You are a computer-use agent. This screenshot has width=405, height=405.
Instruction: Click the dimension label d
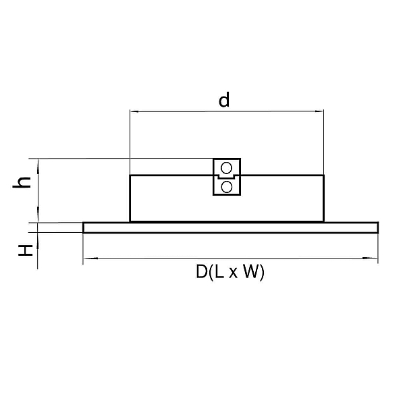224,100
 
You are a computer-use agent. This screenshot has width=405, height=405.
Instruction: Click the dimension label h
22,183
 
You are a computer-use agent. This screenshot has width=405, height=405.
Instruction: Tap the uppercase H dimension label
26,250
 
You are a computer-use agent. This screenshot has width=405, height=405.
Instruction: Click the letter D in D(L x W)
201,271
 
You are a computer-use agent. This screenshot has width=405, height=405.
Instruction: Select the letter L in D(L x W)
219,271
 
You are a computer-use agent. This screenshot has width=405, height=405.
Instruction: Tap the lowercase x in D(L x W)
233,273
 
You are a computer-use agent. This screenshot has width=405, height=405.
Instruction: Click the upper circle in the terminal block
227,168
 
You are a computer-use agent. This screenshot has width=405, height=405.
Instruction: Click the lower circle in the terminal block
227,187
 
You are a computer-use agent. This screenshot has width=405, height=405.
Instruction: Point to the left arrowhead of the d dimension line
134,111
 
